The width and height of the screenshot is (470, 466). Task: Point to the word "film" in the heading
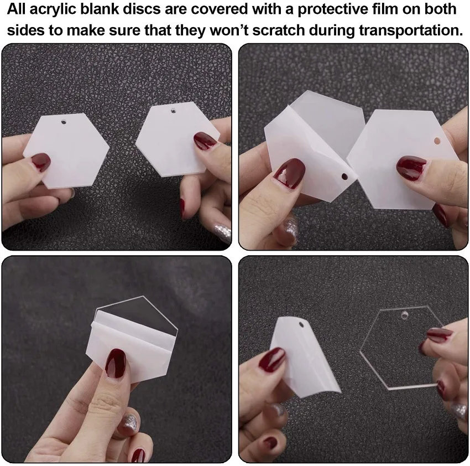click(x=384, y=9)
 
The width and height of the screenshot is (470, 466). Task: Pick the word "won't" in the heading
click(x=229, y=30)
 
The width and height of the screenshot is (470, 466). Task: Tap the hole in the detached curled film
click(x=301, y=325)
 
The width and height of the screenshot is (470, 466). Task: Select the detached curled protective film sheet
click(x=305, y=357)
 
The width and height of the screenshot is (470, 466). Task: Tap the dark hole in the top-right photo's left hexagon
click(x=344, y=177)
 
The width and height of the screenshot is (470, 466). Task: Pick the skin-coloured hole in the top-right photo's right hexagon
click(x=437, y=141)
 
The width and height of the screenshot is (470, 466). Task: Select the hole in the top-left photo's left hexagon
click(x=63, y=122)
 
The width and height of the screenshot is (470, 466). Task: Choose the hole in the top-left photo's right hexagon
click(x=173, y=111)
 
